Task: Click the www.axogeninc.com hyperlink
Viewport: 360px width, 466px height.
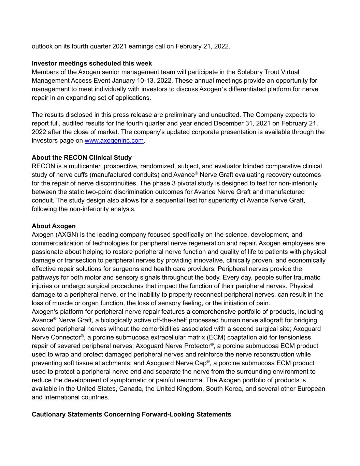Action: pyautogui.click(x=114, y=141)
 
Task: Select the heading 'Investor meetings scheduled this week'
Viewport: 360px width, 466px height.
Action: pyautogui.click(x=92, y=63)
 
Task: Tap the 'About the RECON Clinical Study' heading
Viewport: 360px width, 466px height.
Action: pyautogui.click(x=82, y=158)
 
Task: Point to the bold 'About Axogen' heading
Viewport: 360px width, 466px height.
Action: pyautogui.click(x=54, y=226)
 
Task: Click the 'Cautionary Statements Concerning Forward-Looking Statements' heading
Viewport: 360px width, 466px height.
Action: pyautogui.click(x=131, y=414)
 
